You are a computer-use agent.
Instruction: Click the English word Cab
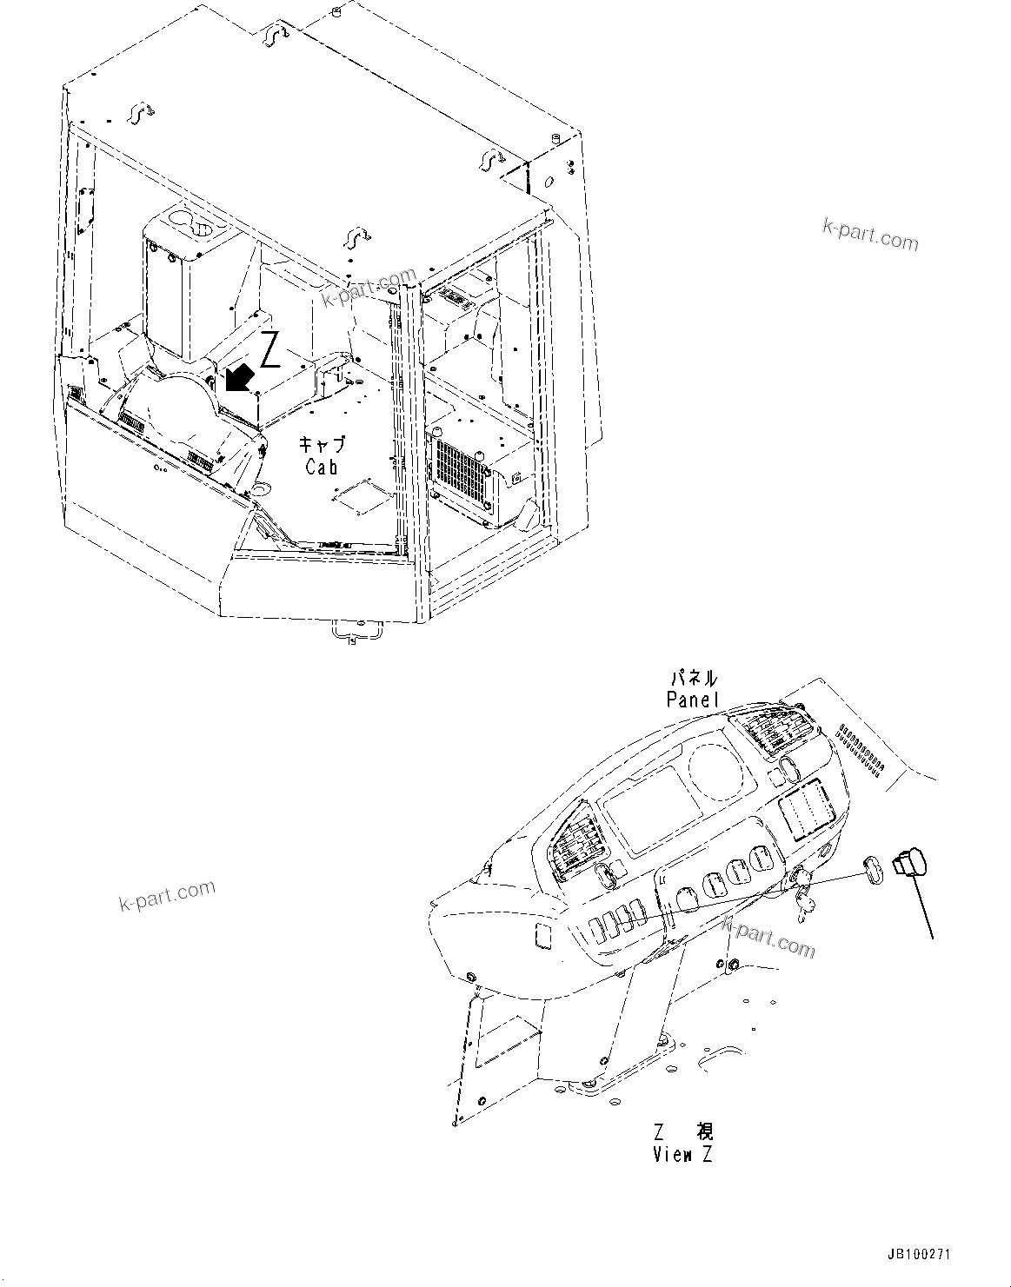click(x=321, y=466)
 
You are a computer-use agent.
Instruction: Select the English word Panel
click(x=693, y=699)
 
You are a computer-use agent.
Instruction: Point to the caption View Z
click(x=683, y=1155)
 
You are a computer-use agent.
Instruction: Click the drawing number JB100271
click(x=919, y=1256)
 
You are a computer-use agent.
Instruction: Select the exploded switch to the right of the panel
click(x=910, y=862)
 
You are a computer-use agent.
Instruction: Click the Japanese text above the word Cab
click(x=323, y=444)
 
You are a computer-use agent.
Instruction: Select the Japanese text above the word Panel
click(x=693, y=678)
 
